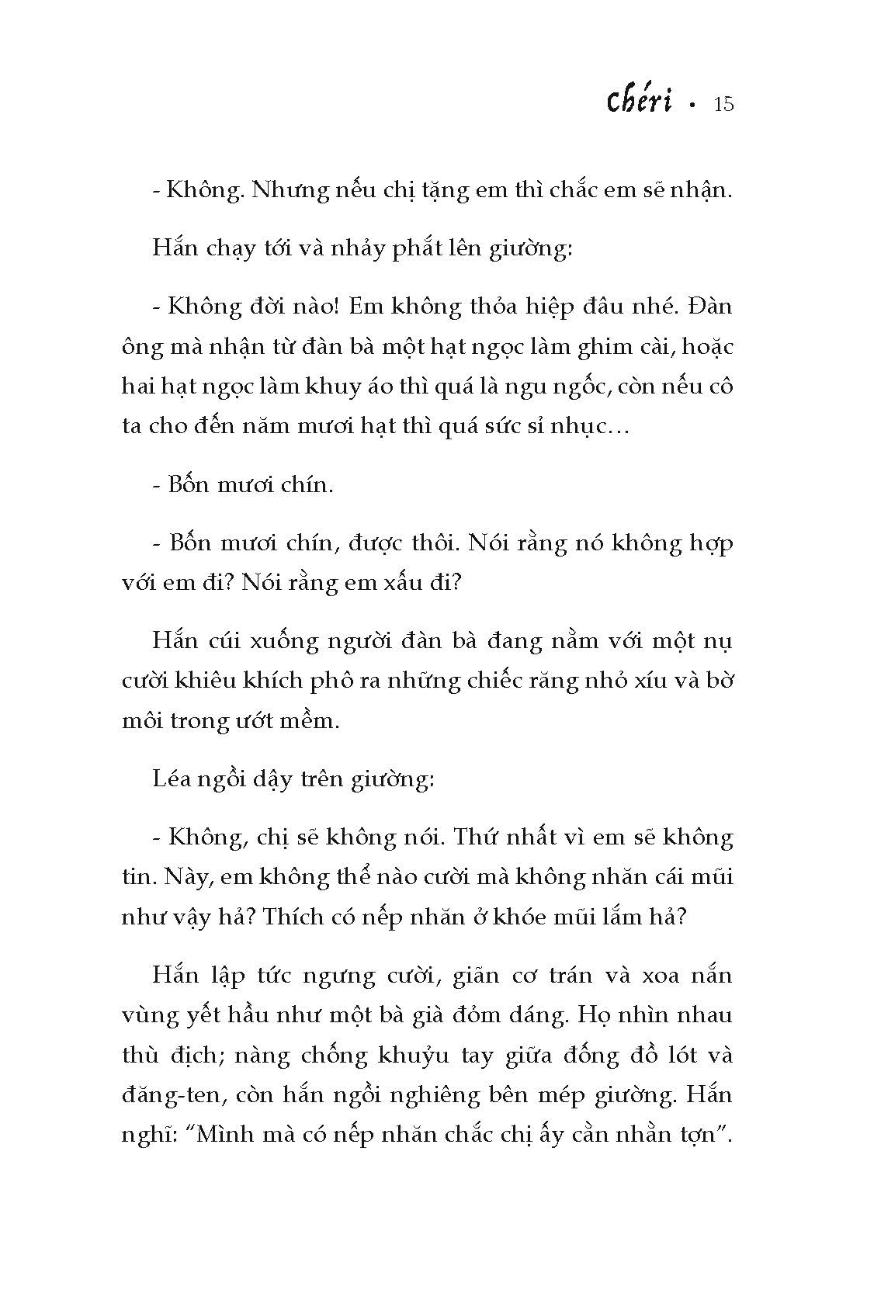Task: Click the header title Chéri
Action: click(639, 103)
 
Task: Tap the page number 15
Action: click(722, 104)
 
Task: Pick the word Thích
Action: click(292, 916)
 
